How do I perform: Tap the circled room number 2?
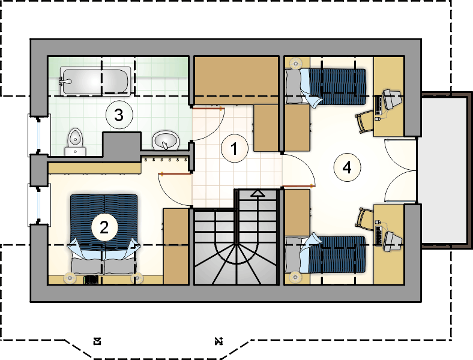[104, 227]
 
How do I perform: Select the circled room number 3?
[118, 114]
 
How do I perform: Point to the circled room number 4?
[346, 167]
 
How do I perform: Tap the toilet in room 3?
[74, 139]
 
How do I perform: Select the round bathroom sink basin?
[165, 141]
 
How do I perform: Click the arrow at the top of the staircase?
[258, 193]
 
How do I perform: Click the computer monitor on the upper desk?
[391, 99]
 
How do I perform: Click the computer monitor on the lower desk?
[391, 239]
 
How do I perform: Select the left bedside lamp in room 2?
[69, 277]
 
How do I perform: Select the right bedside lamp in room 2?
[139, 277]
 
